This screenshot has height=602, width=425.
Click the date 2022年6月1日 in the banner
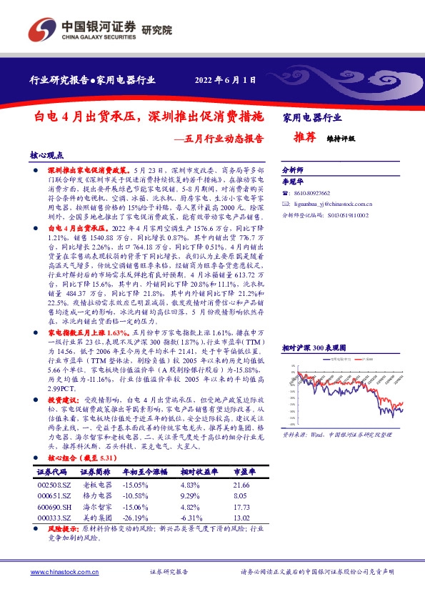click(x=225, y=80)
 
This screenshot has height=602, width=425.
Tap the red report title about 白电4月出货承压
click(x=149, y=115)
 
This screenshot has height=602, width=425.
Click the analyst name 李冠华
click(x=294, y=182)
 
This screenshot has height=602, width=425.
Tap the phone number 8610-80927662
click(x=315, y=194)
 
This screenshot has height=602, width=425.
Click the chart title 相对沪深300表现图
click(x=319, y=346)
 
